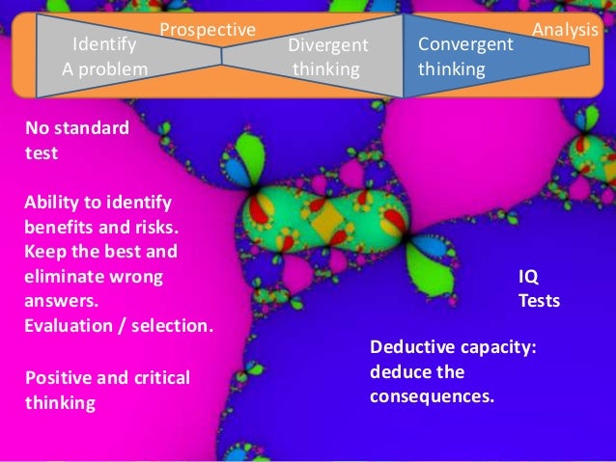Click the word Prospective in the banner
(207, 30)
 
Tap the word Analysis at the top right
(565, 30)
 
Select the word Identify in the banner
(104, 44)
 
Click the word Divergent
(328, 45)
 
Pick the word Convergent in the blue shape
(465, 44)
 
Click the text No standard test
(74, 139)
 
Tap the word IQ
(529, 277)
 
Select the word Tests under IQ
(539, 301)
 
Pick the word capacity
(492, 348)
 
